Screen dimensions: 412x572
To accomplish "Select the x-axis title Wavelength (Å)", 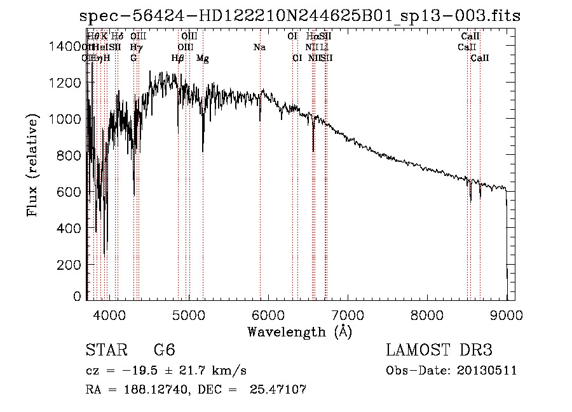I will pos(299,331).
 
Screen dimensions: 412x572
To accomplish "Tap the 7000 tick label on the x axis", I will pos(348,315).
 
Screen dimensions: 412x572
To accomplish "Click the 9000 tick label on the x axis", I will pos(507,315).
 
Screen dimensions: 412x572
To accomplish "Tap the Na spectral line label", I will pos(259,47).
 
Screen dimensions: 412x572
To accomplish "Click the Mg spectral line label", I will pos(203,58).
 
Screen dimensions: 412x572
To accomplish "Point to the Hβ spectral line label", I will pos(178,58).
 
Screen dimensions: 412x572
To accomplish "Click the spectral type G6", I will pos(164,350).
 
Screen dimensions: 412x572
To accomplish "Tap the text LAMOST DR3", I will pos(439,350).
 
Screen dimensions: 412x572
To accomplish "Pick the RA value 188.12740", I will pos(152,389).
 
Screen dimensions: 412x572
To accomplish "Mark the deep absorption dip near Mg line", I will pos(203,149).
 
